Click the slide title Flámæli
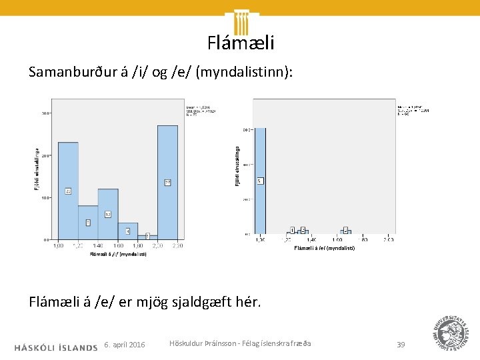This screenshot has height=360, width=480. point(240,43)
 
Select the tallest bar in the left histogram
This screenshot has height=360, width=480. point(167,182)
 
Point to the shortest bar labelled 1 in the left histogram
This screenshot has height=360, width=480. point(147,237)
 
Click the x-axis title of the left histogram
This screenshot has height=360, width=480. point(119,253)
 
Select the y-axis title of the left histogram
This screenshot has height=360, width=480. point(37,168)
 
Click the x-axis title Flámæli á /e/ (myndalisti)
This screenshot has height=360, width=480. point(325,248)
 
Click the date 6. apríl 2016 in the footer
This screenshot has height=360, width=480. point(125,345)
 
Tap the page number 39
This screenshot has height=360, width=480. point(401,345)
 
